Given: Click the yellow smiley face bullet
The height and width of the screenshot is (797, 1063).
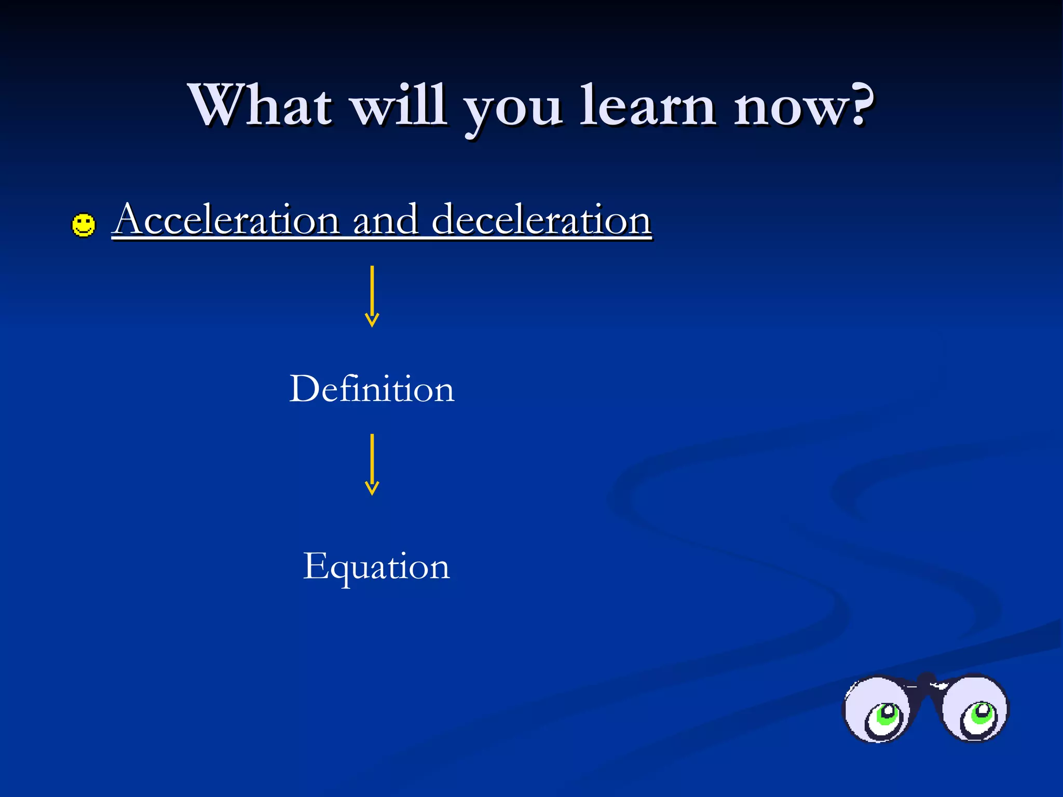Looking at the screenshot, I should (84, 225).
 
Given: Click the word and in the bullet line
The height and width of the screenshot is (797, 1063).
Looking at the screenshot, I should (385, 220).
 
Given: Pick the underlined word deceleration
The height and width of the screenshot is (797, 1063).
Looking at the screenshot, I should (541, 220).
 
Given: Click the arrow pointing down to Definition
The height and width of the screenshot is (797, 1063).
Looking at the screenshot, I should (372, 296).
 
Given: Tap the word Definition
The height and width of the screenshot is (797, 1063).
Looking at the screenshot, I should (372, 389).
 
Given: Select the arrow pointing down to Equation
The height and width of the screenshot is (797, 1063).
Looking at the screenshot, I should (372, 464).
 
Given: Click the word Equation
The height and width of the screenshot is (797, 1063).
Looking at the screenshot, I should (376, 567).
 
